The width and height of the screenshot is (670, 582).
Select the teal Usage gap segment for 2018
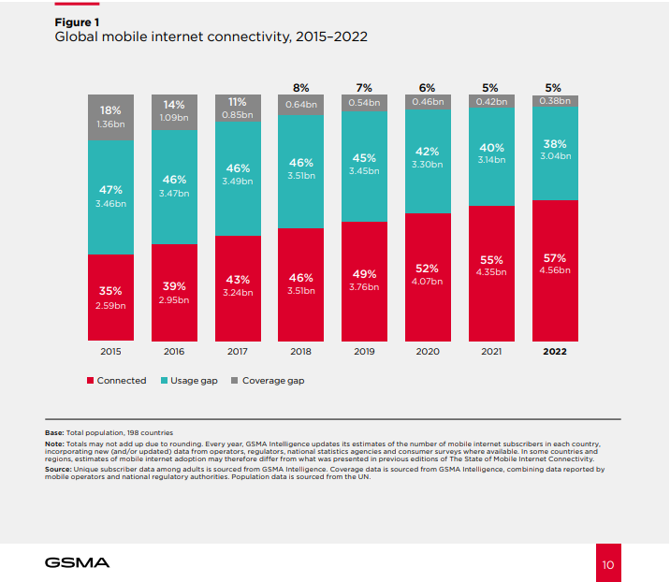[301, 171]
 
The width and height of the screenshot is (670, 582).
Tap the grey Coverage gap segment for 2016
[174, 112]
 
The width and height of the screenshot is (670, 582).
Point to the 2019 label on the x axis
[365, 352]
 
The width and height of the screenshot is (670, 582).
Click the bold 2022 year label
[555, 352]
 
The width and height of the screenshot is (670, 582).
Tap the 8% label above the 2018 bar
[301, 87]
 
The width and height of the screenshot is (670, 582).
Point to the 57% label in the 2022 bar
[555, 257]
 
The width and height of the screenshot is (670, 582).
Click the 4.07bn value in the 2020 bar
[429, 281]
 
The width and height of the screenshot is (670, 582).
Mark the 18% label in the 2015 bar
[110, 109]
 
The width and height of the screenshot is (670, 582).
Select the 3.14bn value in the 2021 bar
[491, 160]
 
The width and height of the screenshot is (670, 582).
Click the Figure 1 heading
[78, 21]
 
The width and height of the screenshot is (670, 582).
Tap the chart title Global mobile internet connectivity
[211, 37]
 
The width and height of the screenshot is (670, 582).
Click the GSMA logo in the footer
[77, 563]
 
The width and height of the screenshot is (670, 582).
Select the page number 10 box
[607, 564]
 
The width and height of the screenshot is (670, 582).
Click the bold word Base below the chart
[54, 432]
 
